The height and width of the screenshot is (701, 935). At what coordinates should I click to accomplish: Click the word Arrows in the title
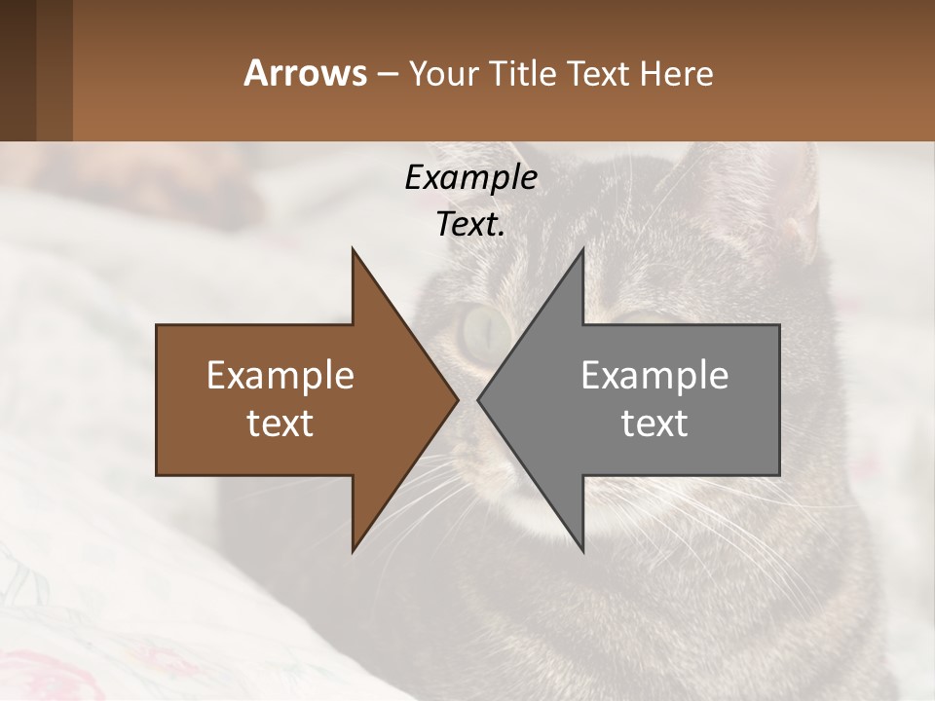tap(305, 74)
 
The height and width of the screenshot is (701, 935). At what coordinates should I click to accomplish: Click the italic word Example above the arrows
tap(470, 178)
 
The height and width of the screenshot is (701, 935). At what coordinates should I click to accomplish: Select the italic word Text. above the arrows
tap(470, 224)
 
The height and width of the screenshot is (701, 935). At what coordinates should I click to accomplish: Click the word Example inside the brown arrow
tap(280, 376)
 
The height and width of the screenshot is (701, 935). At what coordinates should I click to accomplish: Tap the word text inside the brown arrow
tap(280, 424)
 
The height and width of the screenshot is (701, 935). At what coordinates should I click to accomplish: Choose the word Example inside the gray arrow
tap(654, 376)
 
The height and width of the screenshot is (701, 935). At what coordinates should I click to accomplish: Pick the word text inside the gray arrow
tap(654, 424)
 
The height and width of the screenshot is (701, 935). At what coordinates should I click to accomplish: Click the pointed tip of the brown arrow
tap(457, 399)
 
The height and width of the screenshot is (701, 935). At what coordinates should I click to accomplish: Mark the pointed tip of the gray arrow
tap(479, 399)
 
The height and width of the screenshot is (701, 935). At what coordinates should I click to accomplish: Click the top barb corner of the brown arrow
tap(353, 249)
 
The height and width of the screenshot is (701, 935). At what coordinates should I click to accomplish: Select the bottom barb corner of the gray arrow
tap(582, 550)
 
